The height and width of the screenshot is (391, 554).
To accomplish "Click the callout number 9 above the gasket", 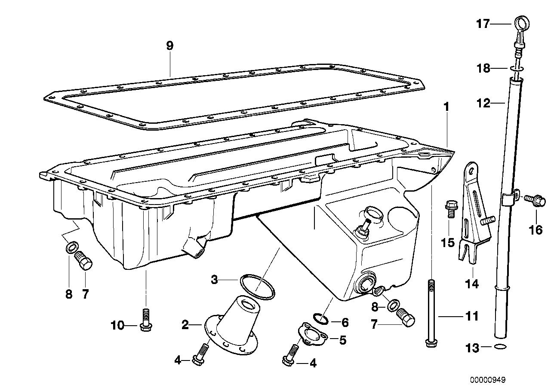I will click(170, 46).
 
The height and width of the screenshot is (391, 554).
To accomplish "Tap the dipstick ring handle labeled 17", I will click(521, 22).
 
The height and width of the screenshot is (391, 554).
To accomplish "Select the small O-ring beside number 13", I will click(500, 347).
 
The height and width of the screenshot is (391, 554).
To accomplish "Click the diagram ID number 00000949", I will click(487, 380).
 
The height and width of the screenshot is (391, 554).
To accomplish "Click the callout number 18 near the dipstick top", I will click(483, 68).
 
